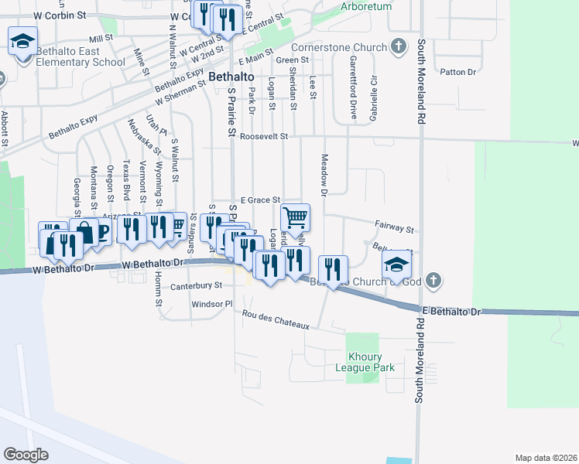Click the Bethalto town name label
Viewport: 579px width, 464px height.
tap(229, 77)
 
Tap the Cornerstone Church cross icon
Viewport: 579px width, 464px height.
tap(398, 47)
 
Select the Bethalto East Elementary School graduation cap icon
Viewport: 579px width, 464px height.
tap(22, 39)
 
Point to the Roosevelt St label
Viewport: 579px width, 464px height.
tap(263, 136)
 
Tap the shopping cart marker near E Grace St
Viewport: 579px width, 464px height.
tap(295, 217)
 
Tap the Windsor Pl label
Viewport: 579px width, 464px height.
tap(212, 304)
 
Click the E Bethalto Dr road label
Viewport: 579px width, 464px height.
tap(451, 311)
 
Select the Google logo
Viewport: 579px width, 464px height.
tap(26, 454)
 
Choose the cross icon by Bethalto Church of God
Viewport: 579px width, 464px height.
tap(433, 280)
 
